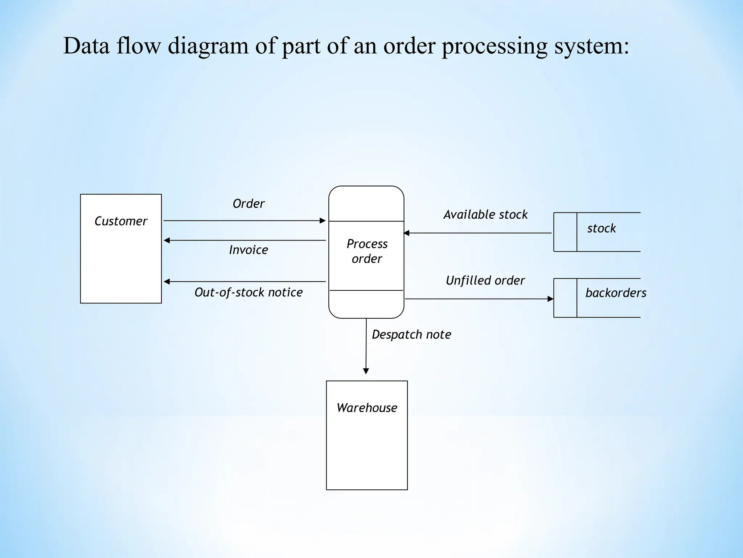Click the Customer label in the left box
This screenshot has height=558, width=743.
[121, 221]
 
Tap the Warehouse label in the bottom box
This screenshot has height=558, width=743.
[367, 408]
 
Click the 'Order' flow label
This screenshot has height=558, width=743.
[249, 204]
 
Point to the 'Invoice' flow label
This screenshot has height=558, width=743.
[249, 250]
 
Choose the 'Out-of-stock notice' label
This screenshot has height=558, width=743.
[249, 292]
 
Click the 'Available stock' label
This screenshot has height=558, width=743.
[485, 215]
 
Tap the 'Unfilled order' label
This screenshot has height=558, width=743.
[485, 280]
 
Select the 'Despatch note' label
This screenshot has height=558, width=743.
[411, 335]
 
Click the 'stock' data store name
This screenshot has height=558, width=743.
[602, 229]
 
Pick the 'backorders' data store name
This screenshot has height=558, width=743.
[616, 293]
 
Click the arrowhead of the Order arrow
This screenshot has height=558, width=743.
[323, 221]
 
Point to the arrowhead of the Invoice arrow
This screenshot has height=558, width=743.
[167, 240]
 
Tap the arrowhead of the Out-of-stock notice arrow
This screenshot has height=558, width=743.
[167, 282]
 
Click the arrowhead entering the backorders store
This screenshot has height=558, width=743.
[550, 299]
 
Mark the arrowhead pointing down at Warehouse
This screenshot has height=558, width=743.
[366, 371]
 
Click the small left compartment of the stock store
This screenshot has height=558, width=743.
[565, 232]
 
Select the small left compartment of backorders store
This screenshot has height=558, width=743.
[565, 298]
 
